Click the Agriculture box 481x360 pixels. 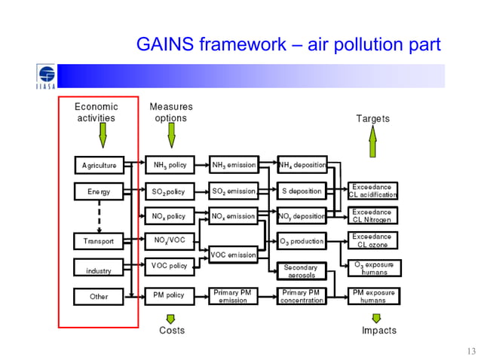[x=99, y=165]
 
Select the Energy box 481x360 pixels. [x=99, y=191]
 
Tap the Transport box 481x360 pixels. [x=99, y=242]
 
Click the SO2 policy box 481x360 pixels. [x=170, y=191]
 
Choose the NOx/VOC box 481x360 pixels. [x=170, y=241]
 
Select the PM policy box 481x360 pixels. [x=170, y=296]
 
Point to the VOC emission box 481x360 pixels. [x=233, y=255]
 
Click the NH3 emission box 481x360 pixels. [x=233, y=165]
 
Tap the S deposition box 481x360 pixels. [x=302, y=191]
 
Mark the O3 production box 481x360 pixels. [x=302, y=242]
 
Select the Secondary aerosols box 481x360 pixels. [x=302, y=271]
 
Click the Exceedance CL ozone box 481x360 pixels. [x=372, y=241]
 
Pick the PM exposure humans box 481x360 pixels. [x=372, y=295]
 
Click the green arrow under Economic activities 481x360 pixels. [x=103, y=136]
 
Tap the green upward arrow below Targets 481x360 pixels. [x=372, y=139]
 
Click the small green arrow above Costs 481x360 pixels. [x=171, y=319]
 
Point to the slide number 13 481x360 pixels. [x=471, y=350]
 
